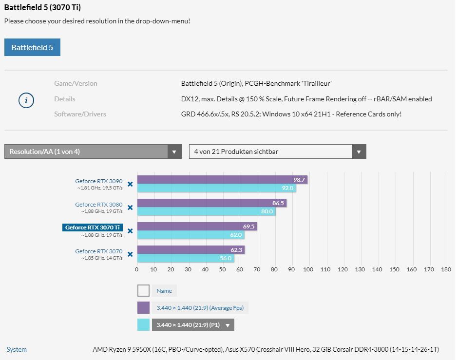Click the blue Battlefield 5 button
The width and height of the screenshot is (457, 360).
32,47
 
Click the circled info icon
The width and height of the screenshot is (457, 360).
26,100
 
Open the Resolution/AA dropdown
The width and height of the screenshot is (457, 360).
93,152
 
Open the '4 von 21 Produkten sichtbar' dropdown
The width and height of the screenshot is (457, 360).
277,152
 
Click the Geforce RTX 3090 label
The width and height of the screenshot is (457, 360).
98,181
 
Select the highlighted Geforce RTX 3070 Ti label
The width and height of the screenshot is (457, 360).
93,227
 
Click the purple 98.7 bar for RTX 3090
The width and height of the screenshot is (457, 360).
222,180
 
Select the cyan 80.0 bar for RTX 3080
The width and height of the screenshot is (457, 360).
206,211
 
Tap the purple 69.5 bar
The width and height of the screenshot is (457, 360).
197,227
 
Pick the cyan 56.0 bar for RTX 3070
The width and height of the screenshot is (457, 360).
185,258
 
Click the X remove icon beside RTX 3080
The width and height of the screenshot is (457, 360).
130,208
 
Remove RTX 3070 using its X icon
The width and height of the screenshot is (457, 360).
130,254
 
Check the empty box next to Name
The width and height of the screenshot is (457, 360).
143,291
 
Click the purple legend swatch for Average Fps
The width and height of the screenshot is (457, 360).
143,307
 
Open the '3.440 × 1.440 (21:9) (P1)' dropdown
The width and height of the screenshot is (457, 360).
193,325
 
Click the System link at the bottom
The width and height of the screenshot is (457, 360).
17,349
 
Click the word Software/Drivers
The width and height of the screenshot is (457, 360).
80,114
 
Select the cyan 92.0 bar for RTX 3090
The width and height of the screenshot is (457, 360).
217,188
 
